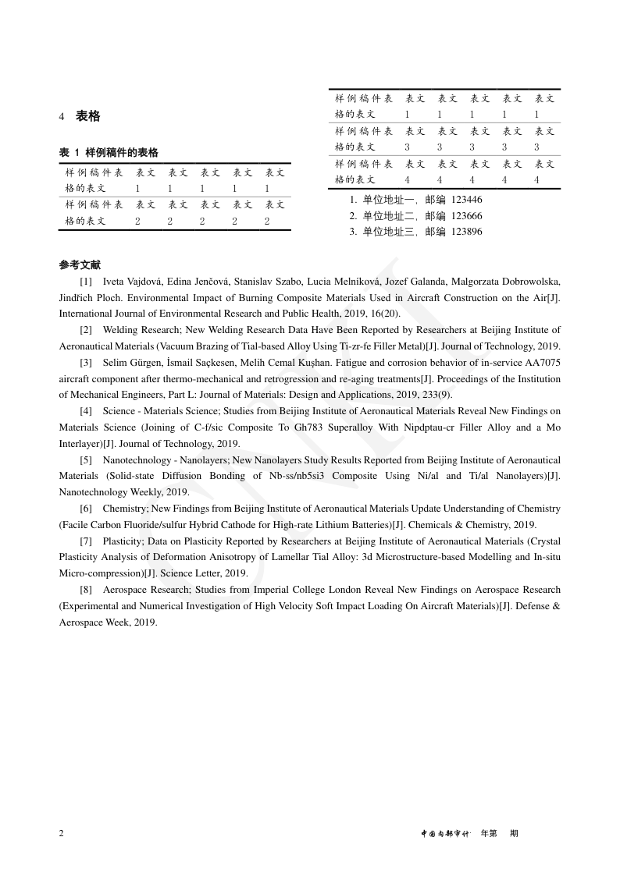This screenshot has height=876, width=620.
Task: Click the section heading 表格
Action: pos(87,116)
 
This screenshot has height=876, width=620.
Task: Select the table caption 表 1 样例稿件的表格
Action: pos(109,153)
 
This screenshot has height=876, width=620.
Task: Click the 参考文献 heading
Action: pos(80,265)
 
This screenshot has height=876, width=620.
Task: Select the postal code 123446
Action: pos(467,200)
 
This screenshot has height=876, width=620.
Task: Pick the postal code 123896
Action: pos(467,232)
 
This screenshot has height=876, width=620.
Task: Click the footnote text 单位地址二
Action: pos(389,216)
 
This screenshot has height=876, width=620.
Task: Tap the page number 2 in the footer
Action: pos(62,833)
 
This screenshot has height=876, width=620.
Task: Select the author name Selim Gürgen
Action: pos(135,363)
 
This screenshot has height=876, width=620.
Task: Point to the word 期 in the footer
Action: pos(514,833)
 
